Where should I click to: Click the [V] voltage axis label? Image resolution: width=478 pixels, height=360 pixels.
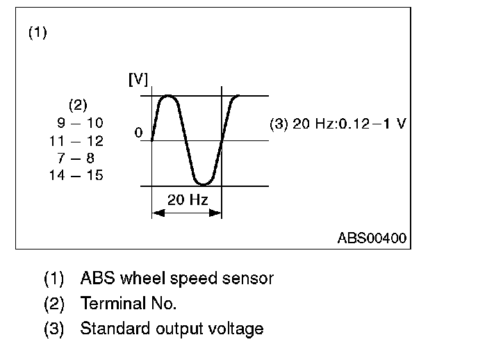click(138, 79)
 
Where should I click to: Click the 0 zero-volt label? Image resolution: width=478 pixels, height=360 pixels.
click(139, 132)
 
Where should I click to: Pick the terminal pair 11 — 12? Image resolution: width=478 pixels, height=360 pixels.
click(77, 140)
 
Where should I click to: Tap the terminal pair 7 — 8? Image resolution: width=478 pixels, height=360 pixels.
click(77, 158)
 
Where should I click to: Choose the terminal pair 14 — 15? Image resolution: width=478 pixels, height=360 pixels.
click(77, 175)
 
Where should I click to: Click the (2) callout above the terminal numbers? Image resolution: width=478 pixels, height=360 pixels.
click(77, 106)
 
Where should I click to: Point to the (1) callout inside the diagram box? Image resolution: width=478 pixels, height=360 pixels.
click(37, 33)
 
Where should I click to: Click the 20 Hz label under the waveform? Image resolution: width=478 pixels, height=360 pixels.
click(186, 202)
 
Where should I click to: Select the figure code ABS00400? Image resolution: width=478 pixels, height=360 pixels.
click(372, 238)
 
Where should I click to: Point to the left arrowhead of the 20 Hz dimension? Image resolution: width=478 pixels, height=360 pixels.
click(156, 213)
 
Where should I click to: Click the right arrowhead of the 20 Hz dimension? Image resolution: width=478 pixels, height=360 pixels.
click(217, 213)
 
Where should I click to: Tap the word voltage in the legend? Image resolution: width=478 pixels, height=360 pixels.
click(238, 329)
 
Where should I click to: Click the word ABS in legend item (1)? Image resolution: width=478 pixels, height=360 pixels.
click(94, 279)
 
